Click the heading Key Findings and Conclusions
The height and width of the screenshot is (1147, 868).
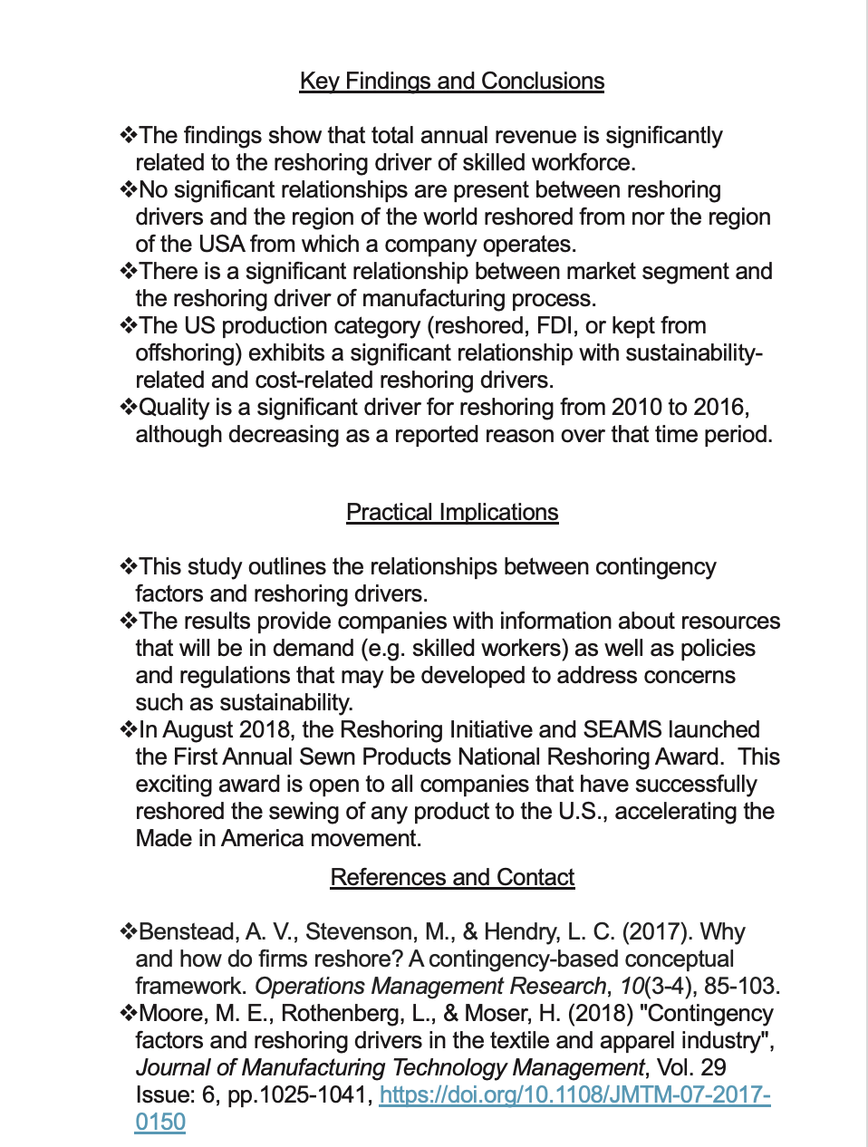[x=451, y=82]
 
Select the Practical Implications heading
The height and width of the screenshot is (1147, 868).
[x=451, y=513]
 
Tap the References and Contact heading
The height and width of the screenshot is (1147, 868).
[x=451, y=878]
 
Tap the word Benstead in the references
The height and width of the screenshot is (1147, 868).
[x=188, y=932]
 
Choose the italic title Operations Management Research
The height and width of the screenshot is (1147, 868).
[x=429, y=987]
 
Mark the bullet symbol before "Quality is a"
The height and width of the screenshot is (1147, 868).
[x=128, y=408]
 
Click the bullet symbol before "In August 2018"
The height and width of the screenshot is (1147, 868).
[x=128, y=730]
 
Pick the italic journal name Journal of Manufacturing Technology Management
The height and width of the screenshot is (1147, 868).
[x=390, y=1068]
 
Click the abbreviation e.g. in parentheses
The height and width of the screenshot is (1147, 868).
[x=385, y=649]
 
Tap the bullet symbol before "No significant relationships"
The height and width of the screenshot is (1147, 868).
[x=128, y=190]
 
